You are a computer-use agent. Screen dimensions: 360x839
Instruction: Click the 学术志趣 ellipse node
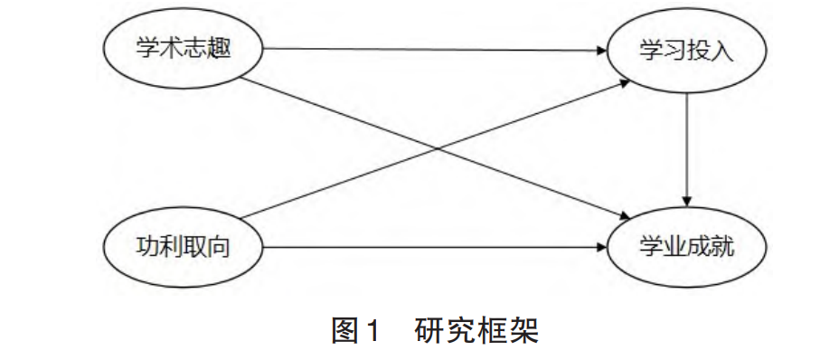pos(184,50)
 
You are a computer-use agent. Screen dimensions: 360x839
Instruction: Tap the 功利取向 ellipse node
pos(184,246)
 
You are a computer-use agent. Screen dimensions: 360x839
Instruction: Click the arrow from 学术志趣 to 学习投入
pos(434,50)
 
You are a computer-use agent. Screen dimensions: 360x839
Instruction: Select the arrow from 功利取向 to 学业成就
pos(434,246)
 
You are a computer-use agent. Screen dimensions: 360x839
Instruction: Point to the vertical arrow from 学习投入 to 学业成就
pos(688,145)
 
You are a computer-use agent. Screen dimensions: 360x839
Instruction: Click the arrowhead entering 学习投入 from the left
pos(599,50)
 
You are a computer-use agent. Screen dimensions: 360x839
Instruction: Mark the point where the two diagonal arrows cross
pos(436,148)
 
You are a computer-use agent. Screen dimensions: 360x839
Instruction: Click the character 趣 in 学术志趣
pos(221,50)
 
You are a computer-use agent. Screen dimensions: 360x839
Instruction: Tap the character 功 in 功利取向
pos(147,246)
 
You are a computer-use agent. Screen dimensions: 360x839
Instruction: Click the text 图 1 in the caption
pos(354,330)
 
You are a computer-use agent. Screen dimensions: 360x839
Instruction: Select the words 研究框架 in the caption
pos(476,330)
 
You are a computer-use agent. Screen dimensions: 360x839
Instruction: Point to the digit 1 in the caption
pos(370,331)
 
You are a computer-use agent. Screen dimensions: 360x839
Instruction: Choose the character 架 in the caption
pos(523,330)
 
